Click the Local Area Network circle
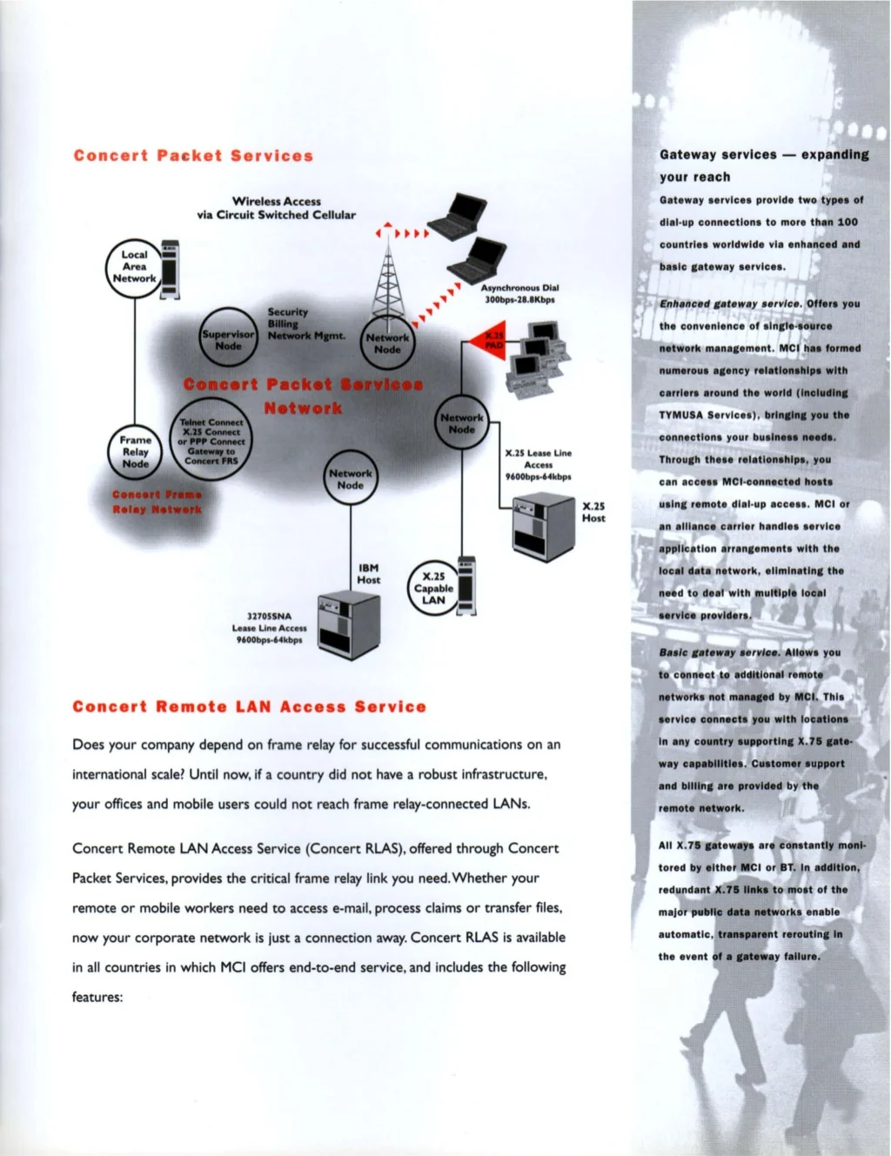pos(134,267)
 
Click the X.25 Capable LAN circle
pos(433,588)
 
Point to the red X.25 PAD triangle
pos(489,338)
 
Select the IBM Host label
pos(368,574)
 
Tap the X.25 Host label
pos(593,511)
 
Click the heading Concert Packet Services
pos(193,157)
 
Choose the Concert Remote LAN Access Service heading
pos(250,707)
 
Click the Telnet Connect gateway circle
pos(211,442)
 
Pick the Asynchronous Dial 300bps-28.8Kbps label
pos(519,294)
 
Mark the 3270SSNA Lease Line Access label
pos(269,628)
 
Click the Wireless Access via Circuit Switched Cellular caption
pos(276,208)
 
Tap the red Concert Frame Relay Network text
pos(157,502)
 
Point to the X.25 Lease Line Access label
pos(538,464)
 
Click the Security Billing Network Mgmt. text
pos(305,324)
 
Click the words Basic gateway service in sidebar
pos(719,652)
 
